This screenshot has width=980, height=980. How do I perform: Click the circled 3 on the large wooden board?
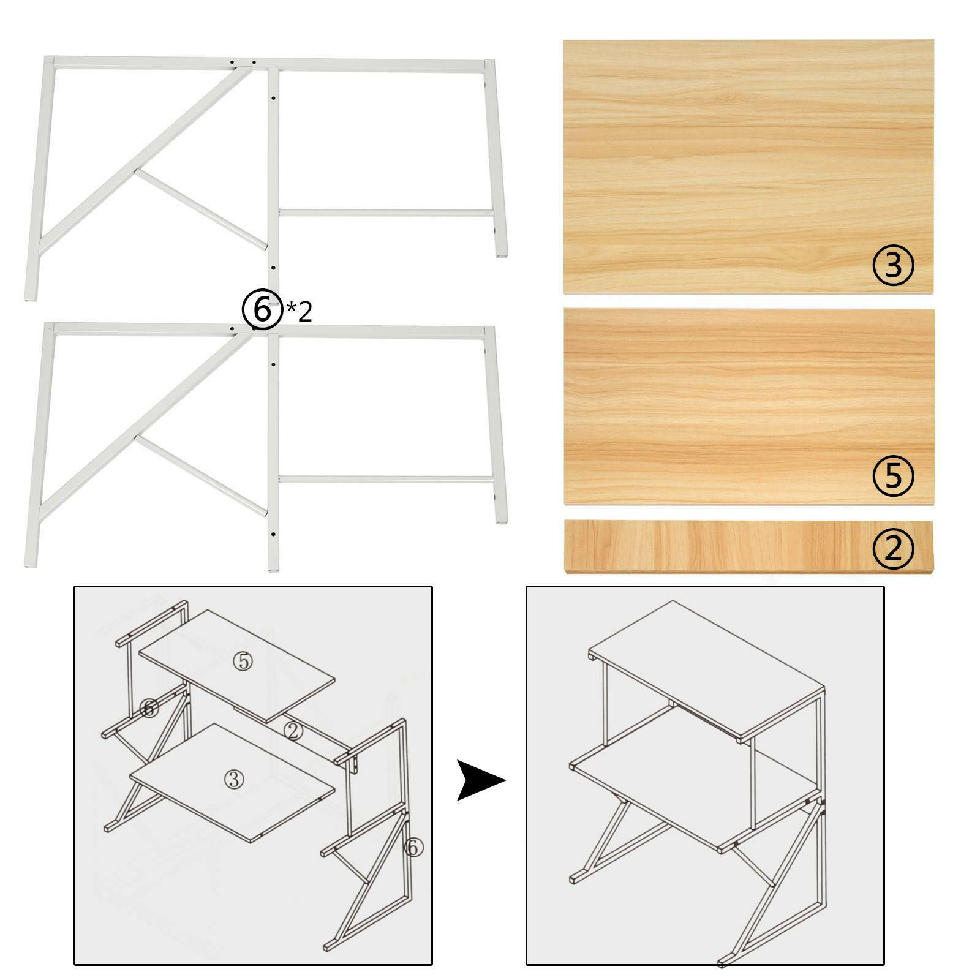tap(892, 265)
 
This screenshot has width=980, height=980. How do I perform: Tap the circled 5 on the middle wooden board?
tap(894, 475)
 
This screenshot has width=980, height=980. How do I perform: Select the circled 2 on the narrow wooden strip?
tap(893, 548)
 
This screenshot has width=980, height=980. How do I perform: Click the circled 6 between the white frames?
tap(262, 311)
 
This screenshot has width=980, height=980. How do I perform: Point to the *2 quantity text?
tap(299, 312)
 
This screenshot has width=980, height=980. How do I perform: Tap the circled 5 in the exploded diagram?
tap(243, 661)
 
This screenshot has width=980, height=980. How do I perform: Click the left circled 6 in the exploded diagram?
tap(149, 708)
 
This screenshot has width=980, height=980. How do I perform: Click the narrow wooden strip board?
tap(748, 547)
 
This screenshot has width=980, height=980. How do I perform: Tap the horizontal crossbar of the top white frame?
tap(386, 213)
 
